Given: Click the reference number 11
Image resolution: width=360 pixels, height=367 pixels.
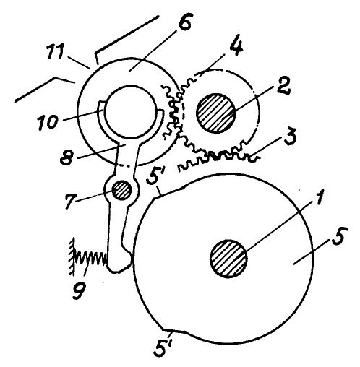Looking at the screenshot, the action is point(56,52).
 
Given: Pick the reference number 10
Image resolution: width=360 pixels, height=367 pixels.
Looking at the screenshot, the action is point(48,122).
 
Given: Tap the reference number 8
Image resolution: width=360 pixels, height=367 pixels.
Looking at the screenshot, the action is point(67,157).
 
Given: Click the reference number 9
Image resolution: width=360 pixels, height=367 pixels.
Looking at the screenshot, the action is point(79,290).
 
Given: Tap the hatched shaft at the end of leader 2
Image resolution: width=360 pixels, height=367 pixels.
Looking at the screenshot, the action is point(216,113).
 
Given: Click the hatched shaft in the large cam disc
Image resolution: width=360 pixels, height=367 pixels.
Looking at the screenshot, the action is point(228,259).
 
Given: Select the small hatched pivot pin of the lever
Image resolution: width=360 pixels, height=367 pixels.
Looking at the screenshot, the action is point(121,190).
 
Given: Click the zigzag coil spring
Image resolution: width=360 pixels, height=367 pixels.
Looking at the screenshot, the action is point(91,259).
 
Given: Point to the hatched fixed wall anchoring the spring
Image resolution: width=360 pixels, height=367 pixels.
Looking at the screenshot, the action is point(72,256).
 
